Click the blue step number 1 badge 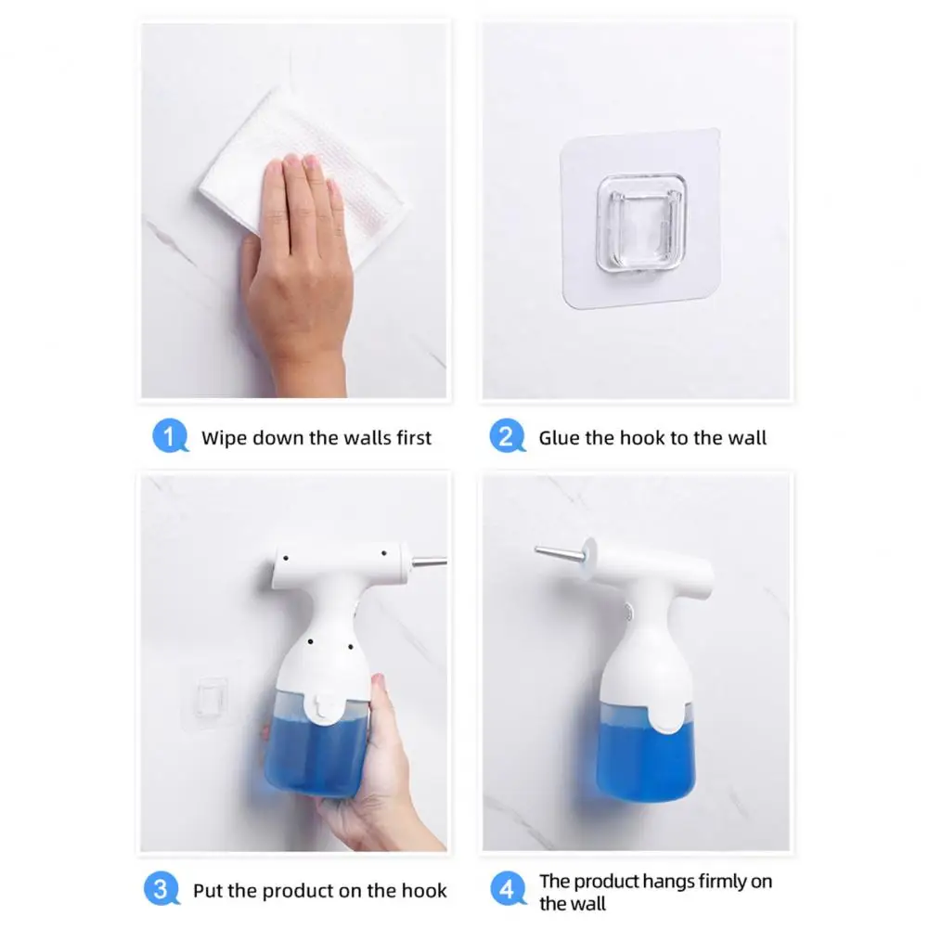[170, 436]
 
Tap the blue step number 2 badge [507, 436]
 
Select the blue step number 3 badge [161, 889]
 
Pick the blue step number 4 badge [508, 889]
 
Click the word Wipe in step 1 [223, 438]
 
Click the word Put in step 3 [207, 891]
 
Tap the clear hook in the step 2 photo [641, 224]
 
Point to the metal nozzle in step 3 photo [429, 561]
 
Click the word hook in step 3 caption [424, 891]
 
